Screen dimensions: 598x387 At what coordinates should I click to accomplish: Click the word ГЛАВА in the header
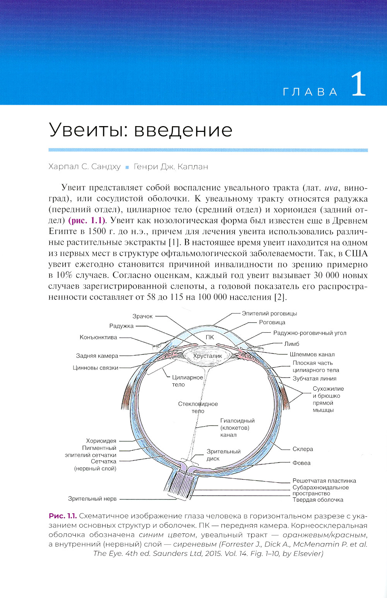310,92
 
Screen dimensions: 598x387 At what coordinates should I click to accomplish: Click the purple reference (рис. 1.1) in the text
87,221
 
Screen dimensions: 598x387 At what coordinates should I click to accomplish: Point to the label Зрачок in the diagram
142,316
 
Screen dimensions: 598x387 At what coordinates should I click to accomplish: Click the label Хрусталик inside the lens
207,356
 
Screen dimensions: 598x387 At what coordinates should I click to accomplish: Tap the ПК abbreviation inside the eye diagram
210,337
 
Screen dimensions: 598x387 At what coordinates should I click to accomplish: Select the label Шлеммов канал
312,354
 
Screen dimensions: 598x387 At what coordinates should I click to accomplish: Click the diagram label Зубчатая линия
314,379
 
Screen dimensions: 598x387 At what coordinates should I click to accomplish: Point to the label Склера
303,449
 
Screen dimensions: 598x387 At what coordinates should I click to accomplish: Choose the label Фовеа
301,463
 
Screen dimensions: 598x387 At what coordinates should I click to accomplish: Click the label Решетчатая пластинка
324,481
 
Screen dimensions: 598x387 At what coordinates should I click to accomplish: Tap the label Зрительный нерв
92,499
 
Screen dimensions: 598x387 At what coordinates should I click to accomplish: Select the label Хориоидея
101,441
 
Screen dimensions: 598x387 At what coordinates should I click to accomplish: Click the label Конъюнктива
98,337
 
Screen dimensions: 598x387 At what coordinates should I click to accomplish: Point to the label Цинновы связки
96,368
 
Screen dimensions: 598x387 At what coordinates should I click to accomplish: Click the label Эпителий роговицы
269,313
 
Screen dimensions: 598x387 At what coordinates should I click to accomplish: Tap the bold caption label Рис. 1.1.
63,516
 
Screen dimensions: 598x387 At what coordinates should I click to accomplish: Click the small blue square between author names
127,167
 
